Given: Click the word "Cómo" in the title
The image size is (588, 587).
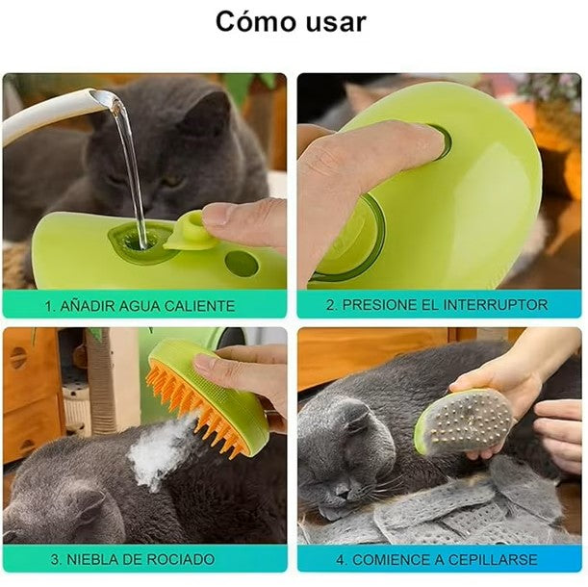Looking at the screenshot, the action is click(x=256, y=22).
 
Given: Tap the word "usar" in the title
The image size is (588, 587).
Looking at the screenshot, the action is click(x=336, y=23).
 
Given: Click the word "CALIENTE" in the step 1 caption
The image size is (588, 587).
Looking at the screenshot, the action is click(x=200, y=306).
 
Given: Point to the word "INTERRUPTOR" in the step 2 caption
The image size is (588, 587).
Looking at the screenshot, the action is click(x=496, y=304).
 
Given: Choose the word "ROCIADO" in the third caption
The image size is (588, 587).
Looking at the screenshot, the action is click(x=181, y=560).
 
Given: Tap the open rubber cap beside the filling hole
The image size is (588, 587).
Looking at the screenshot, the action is click(x=190, y=231).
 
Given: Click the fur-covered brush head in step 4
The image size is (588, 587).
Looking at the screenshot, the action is click(x=465, y=423).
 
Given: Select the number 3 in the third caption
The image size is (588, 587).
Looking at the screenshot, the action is click(x=55, y=560).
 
